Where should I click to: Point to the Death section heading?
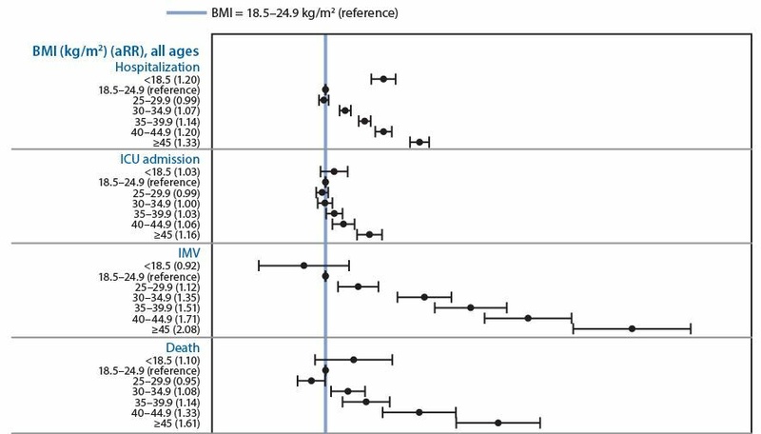[x=182, y=348]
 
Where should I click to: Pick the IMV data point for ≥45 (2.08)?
[x=632, y=328]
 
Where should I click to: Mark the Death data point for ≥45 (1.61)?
[x=498, y=422]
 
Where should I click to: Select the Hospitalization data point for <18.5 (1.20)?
[x=383, y=79]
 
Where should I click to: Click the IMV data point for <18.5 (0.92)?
[x=303, y=266]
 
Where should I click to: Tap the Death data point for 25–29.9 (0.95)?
[x=311, y=381]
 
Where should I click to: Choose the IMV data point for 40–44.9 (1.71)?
[x=527, y=318]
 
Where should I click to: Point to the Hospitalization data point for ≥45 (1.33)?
[x=419, y=142]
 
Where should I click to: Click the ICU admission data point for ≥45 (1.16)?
[x=369, y=234]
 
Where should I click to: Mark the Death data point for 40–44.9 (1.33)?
[x=419, y=412]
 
